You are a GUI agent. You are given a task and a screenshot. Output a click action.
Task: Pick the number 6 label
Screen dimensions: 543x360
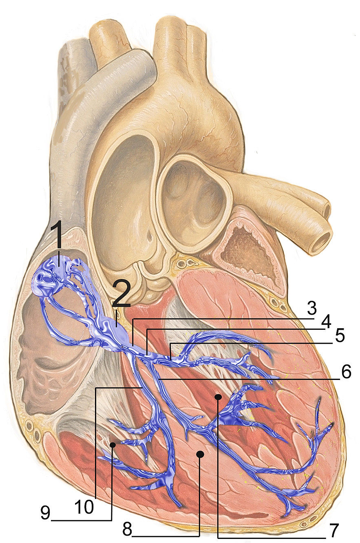[346, 372]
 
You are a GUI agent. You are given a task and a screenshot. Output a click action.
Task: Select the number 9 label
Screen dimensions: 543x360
[45, 514]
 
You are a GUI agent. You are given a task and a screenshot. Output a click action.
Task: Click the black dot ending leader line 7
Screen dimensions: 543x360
[219, 396]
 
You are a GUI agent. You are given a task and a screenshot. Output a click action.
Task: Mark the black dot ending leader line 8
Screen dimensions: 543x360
[199, 454]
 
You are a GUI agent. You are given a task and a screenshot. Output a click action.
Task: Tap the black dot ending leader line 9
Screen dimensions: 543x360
[112, 445]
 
